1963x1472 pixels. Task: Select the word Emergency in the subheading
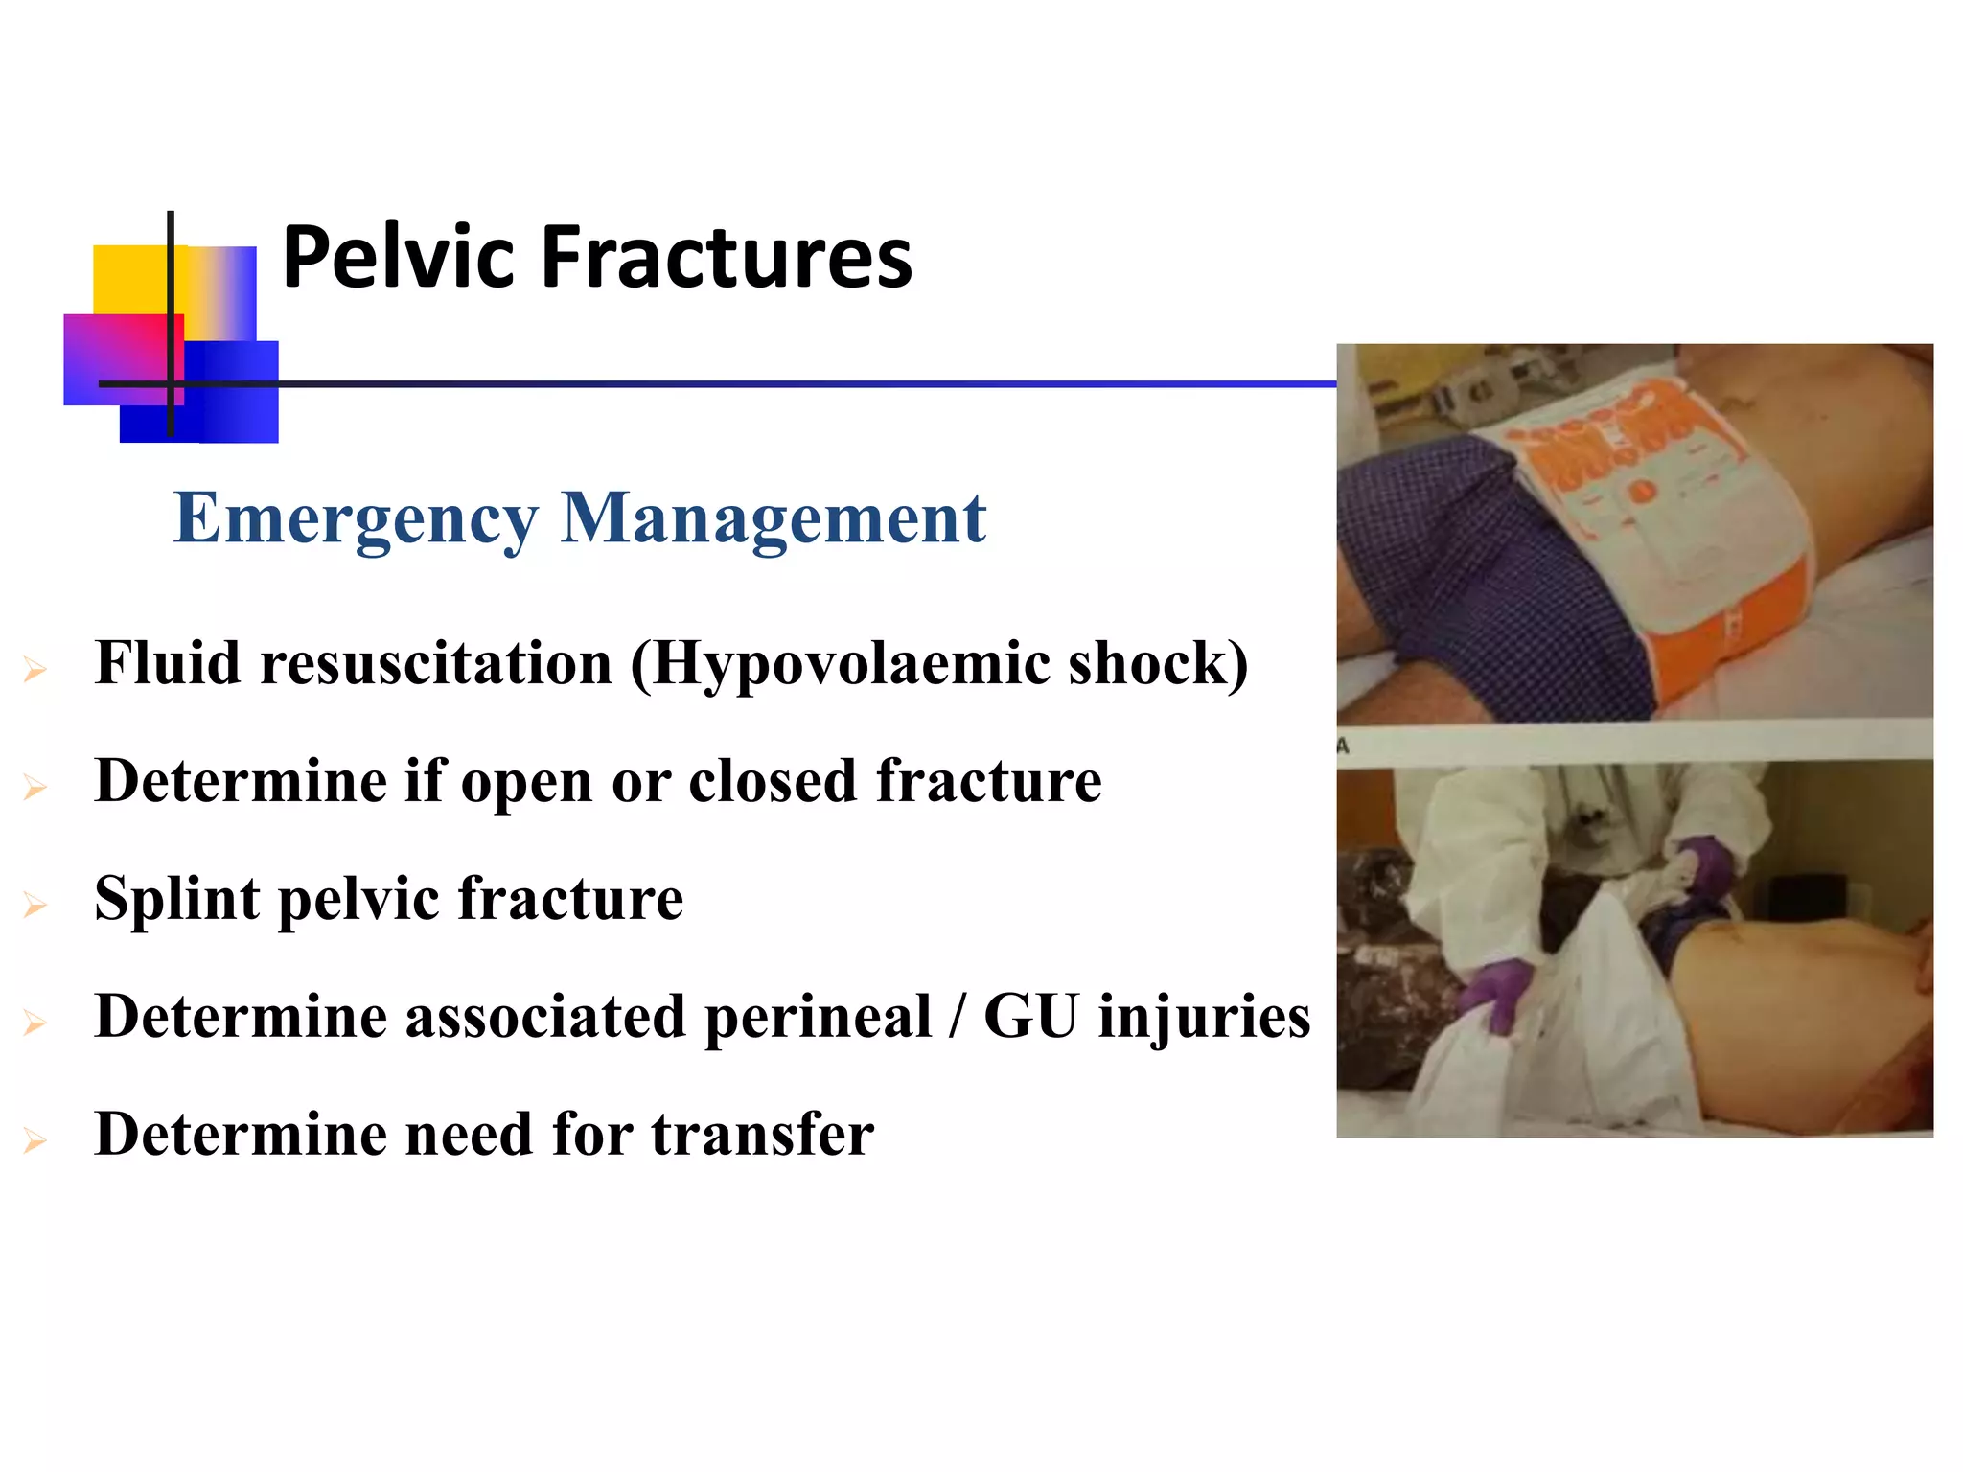356,519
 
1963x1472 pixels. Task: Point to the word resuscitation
436,664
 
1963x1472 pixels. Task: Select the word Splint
177,900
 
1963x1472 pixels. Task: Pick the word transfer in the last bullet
763,1135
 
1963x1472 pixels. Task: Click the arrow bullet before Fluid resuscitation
35,669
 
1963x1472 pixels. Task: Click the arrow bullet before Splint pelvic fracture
35,905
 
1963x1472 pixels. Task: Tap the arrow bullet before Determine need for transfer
35,1140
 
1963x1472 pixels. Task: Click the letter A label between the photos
1344,745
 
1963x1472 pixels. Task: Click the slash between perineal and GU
956,1017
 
